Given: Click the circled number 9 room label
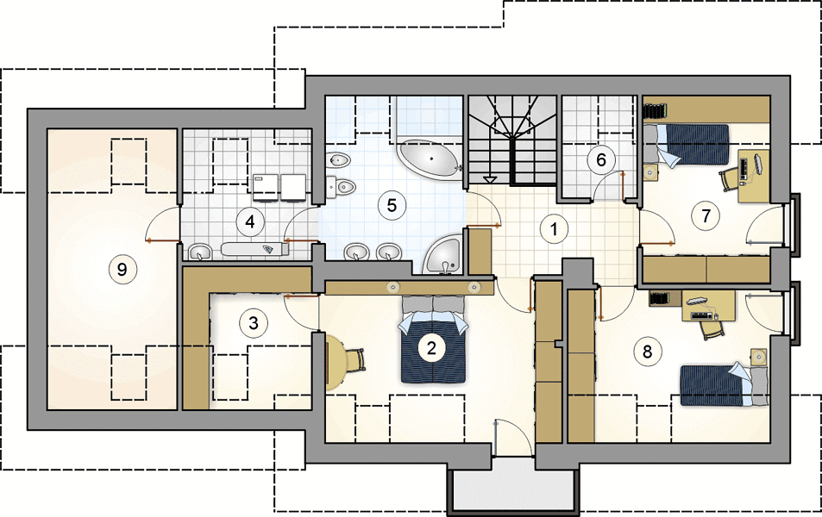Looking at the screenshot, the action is (122, 270).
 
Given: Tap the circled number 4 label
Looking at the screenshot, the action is (249, 221).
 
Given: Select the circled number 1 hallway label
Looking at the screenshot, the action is (554, 229).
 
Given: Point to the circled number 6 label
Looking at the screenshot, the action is (601, 159).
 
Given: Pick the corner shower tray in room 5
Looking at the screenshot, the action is (442, 254).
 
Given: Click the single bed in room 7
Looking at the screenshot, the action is (687, 145).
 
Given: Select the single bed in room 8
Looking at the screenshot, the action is (724, 385).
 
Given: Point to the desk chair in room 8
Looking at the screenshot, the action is (711, 328).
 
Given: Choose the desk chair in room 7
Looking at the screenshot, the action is (731, 179).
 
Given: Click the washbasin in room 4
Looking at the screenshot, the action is (199, 252).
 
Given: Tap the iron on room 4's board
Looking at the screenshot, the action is (268, 249).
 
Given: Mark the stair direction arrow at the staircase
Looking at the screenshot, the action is (490, 179).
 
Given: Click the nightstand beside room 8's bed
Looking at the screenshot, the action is (758, 357).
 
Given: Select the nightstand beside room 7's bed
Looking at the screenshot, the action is (650, 171).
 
